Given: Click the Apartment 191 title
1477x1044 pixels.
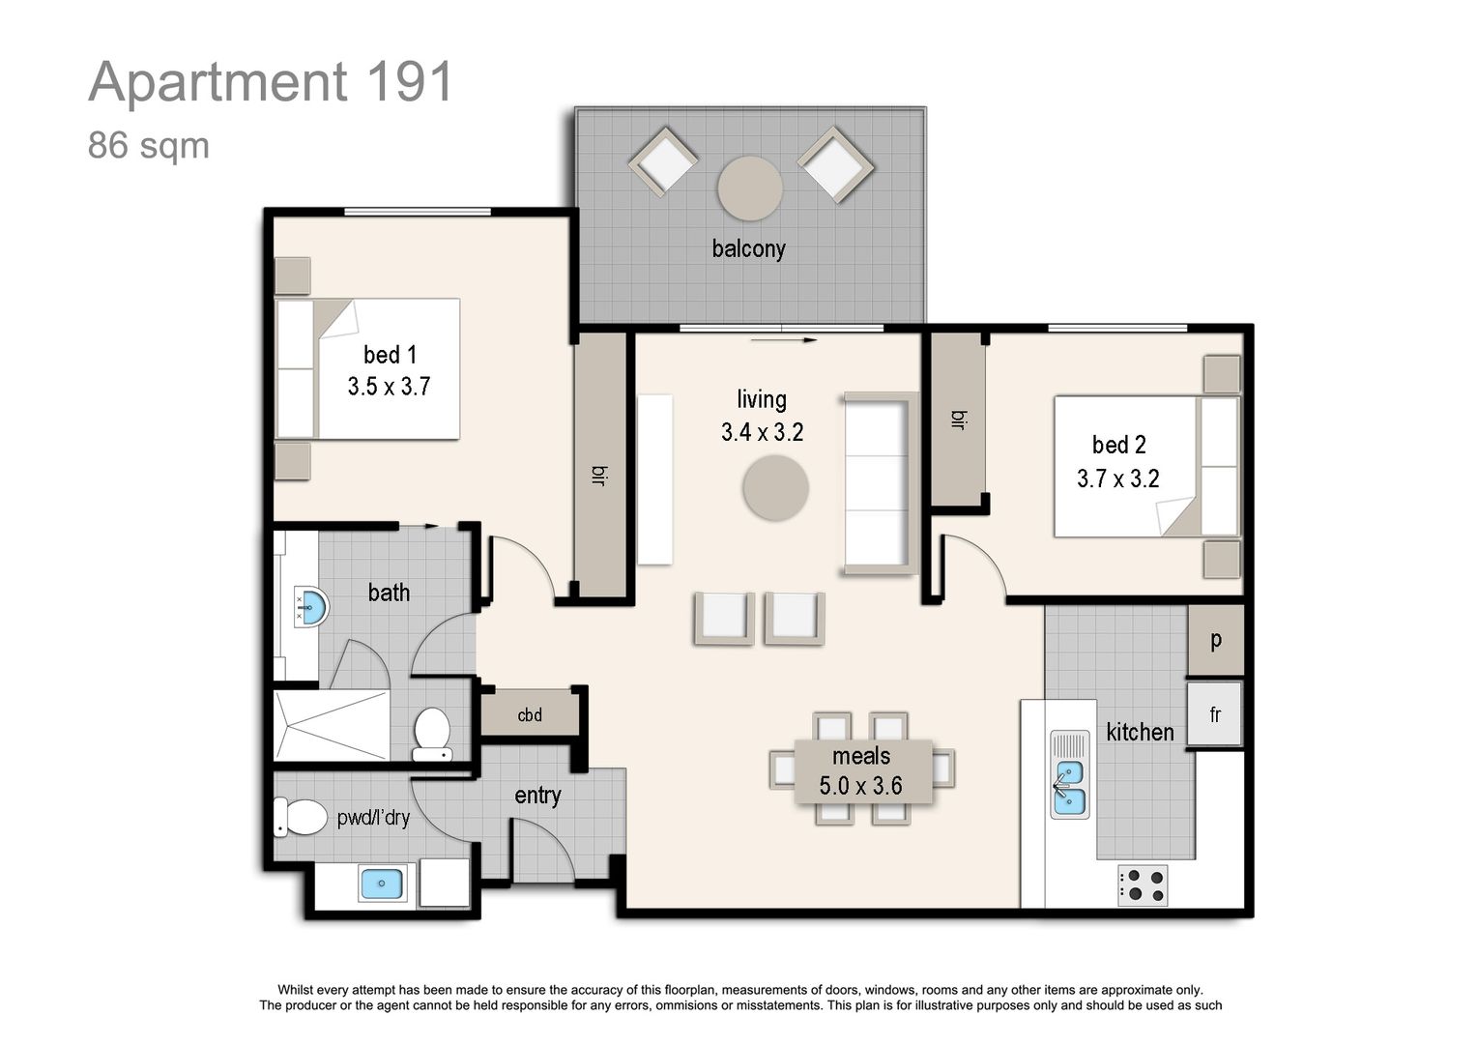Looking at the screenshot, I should [271, 81].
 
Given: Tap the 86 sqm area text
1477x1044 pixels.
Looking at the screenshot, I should [148, 146].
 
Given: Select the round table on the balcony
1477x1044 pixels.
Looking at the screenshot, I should [750, 188].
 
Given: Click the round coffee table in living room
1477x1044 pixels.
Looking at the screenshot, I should [775, 488].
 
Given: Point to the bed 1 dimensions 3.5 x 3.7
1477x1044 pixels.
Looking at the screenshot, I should [389, 387].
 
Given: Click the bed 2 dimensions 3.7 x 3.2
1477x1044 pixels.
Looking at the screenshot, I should [1118, 478].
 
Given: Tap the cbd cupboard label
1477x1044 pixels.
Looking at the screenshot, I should [530, 715].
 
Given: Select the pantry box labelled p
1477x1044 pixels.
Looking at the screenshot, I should [1215, 640].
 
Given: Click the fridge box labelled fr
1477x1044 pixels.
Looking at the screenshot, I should [1215, 714].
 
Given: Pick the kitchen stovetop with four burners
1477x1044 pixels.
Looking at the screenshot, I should [1143, 884].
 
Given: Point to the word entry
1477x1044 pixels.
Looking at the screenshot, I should [537, 796].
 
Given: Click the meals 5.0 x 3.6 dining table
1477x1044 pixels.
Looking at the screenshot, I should [862, 770].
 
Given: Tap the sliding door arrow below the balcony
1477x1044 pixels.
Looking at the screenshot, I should [784, 340].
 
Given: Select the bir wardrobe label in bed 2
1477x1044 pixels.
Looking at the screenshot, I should [958, 420].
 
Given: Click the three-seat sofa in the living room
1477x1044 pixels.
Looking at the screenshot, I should [878, 483].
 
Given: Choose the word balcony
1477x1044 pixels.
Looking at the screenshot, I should [748, 248].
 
